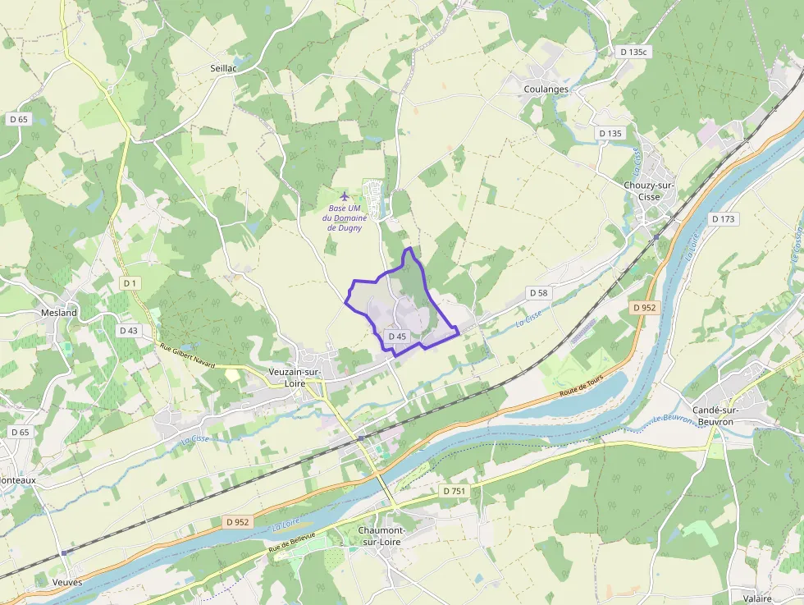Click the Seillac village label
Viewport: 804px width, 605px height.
(x=222, y=69)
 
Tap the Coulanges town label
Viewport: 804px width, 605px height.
(x=546, y=89)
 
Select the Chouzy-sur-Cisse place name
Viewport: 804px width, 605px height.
(x=649, y=191)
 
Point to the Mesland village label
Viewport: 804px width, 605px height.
(x=59, y=313)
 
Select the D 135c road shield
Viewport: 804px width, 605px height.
(x=633, y=52)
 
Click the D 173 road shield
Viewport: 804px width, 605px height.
(x=724, y=219)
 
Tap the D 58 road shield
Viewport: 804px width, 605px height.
(x=538, y=292)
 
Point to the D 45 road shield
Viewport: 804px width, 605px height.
(x=397, y=337)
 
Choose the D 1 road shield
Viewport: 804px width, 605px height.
(x=129, y=283)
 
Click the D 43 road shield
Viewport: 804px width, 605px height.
(x=128, y=330)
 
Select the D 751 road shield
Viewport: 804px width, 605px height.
(x=454, y=490)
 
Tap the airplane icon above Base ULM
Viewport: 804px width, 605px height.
(x=345, y=195)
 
